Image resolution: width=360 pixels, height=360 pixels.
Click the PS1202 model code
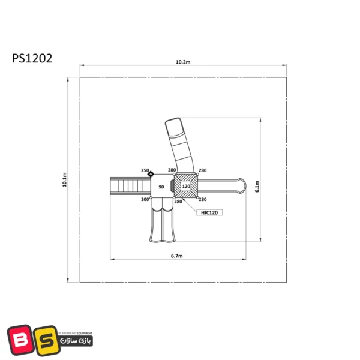click(32, 58)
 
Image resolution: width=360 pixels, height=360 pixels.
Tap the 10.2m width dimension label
click(183, 62)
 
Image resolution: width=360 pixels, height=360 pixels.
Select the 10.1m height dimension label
click(65, 179)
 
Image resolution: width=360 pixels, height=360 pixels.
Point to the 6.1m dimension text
click(257, 187)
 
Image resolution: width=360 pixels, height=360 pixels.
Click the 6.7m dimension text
click(177, 256)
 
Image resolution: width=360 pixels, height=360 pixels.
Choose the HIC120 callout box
click(209, 212)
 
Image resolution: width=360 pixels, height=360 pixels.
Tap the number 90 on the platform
click(161, 187)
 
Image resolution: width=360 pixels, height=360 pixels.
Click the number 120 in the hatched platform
click(186, 186)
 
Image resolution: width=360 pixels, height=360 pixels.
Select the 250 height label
click(145, 170)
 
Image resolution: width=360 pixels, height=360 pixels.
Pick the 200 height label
click(145, 200)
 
